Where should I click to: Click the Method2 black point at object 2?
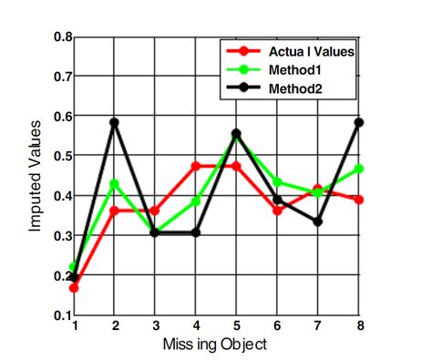pyautogui.click(x=114, y=122)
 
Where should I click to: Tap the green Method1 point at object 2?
pyautogui.click(x=114, y=183)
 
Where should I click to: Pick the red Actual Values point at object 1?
pyautogui.click(x=74, y=288)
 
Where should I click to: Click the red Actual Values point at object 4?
pyautogui.click(x=195, y=166)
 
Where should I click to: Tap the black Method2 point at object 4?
pyautogui.click(x=195, y=232)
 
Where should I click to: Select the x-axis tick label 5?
pyautogui.click(x=235, y=325)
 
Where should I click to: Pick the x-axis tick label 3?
pyautogui.click(x=155, y=325)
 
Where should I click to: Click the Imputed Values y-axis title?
pyautogui.click(x=35, y=177)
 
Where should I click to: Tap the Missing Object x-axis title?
pyautogui.click(x=215, y=344)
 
